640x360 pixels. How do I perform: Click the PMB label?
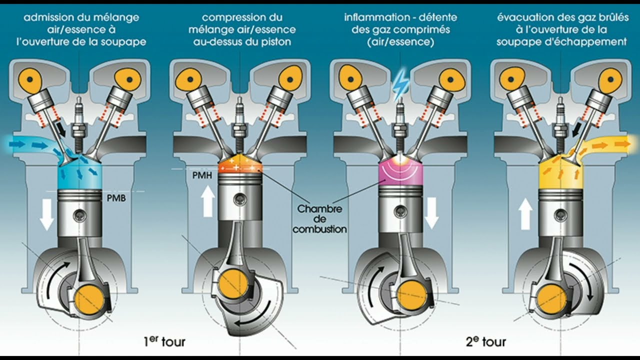(116, 198)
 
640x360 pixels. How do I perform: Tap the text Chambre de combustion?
(319, 219)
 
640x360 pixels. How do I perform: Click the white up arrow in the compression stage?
(208, 198)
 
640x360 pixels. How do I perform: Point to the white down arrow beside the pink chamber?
(431, 212)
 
